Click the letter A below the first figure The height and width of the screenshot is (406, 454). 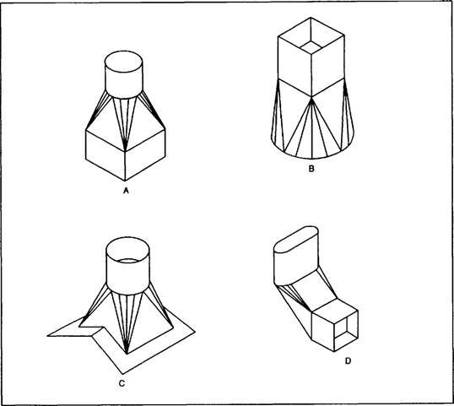(126, 191)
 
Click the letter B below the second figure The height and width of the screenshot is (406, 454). (311, 169)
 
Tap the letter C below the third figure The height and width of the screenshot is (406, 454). (122, 383)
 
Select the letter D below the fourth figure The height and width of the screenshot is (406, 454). (348, 360)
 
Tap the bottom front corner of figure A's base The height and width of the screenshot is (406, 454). (125, 181)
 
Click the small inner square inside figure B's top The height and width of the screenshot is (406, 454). (311, 47)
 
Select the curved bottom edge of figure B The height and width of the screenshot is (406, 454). (311, 159)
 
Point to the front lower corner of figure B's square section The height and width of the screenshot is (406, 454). (311, 96)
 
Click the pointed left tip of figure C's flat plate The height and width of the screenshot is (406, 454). (48, 336)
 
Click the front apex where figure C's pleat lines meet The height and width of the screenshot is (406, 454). (127, 354)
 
